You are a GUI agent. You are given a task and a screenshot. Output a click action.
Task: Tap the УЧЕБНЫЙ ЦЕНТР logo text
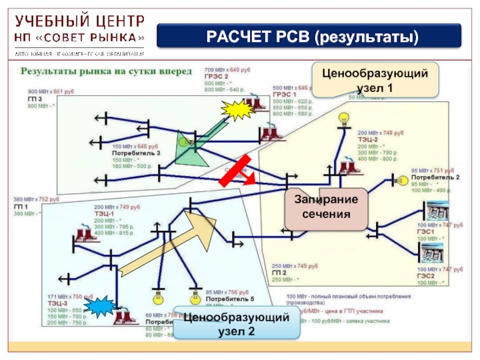coord(79,22)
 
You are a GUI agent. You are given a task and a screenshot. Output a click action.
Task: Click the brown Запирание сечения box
coord(326,206)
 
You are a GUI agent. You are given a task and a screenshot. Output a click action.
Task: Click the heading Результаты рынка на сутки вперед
coord(107,71)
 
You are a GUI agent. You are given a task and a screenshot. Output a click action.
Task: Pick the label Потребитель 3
coord(136,154)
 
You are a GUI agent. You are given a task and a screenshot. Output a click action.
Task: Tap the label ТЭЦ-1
coord(104,214)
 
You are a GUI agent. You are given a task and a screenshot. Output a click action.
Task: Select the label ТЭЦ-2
coord(368,139)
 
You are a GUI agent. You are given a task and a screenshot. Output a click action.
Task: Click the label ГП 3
coord(35,98)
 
